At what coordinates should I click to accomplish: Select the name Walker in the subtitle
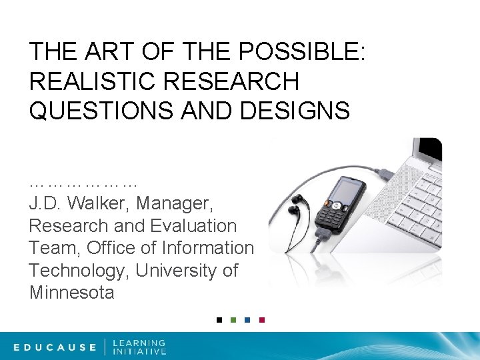click(x=105, y=203)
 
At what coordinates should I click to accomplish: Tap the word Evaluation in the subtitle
click(x=191, y=226)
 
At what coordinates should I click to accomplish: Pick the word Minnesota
click(x=72, y=293)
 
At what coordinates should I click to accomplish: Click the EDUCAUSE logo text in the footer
click(x=55, y=347)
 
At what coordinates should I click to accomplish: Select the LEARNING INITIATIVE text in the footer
click(x=139, y=347)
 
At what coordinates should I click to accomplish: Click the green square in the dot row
click(x=233, y=319)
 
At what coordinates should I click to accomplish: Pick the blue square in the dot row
click(x=247, y=319)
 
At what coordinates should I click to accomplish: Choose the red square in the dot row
click(x=261, y=319)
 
